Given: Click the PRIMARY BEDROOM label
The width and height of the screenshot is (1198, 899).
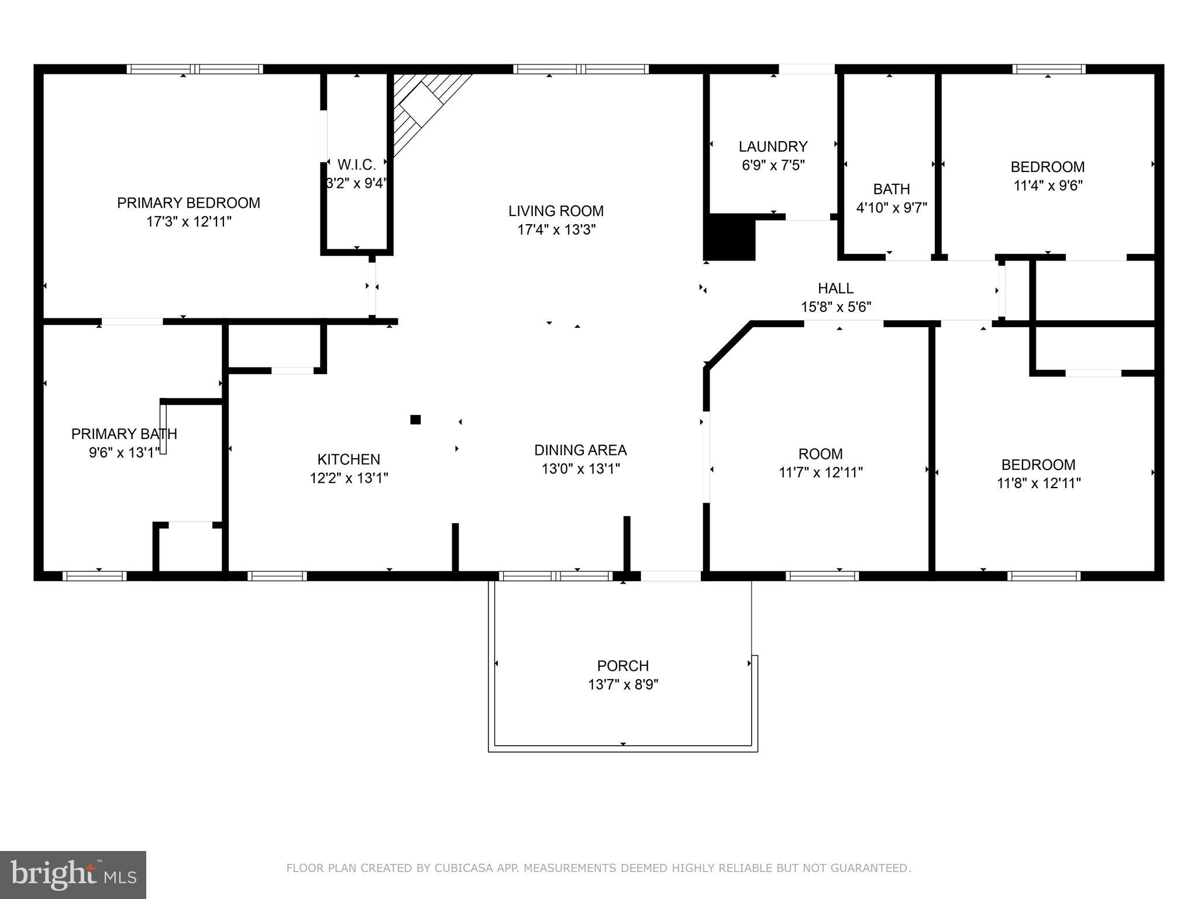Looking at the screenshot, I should click(x=188, y=203).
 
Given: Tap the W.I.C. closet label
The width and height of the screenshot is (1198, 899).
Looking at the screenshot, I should click(x=356, y=165).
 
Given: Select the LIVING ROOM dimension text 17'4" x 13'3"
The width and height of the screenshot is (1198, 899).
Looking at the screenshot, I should click(x=556, y=230).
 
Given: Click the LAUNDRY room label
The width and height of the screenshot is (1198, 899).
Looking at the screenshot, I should click(x=773, y=146).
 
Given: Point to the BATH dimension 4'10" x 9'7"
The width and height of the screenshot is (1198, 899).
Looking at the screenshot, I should click(x=891, y=208).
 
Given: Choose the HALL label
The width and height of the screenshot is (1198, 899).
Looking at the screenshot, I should click(x=835, y=288).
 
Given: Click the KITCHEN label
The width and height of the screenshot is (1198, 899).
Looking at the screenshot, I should click(x=349, y=459).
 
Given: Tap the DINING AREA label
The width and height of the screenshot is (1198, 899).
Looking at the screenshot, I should click(x=580, y=450).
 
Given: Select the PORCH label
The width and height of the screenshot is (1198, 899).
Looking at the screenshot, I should click(x=622, y=665).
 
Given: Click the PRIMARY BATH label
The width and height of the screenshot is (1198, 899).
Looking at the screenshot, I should click(x=124, y=434).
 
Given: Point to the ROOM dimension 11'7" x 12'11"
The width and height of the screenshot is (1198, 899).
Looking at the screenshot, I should click(x=820, y=472).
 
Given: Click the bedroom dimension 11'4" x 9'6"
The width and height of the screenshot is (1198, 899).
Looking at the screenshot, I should click(x=1048, y=186).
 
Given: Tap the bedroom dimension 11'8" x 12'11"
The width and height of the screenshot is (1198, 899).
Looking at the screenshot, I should click(x=1038, y=483).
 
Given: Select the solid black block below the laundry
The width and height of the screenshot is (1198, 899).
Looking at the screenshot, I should click(x=730, y=237).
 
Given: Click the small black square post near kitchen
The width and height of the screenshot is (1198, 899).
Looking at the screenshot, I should click(x=415, y=419).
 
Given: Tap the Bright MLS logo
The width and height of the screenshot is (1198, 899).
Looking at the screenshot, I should click(x=73, y=874).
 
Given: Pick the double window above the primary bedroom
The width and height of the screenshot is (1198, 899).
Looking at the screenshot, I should click(x=195, y=69).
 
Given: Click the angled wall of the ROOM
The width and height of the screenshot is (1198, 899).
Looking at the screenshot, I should click(x=728, y=345).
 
